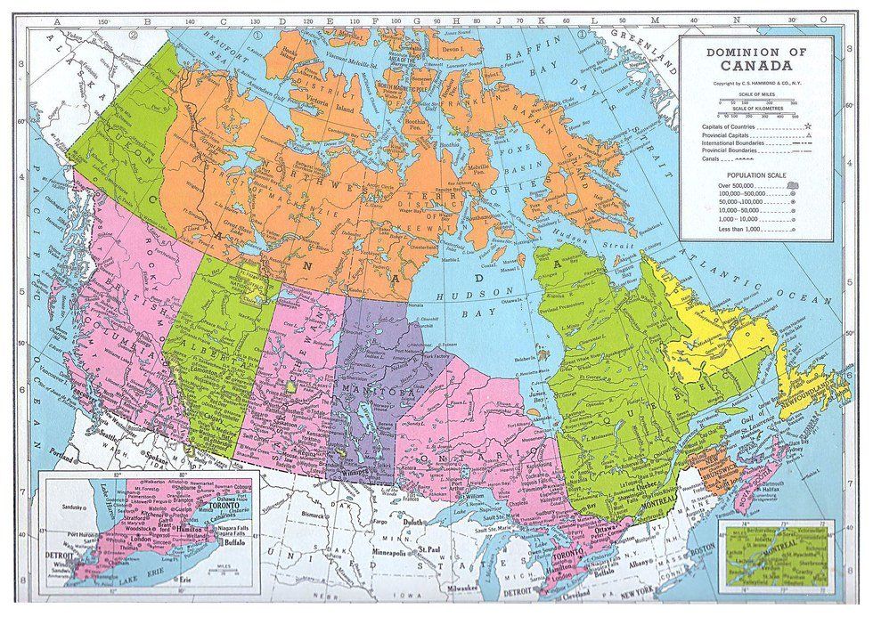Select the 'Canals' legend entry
pyautogui.click(x=713, y=160)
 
